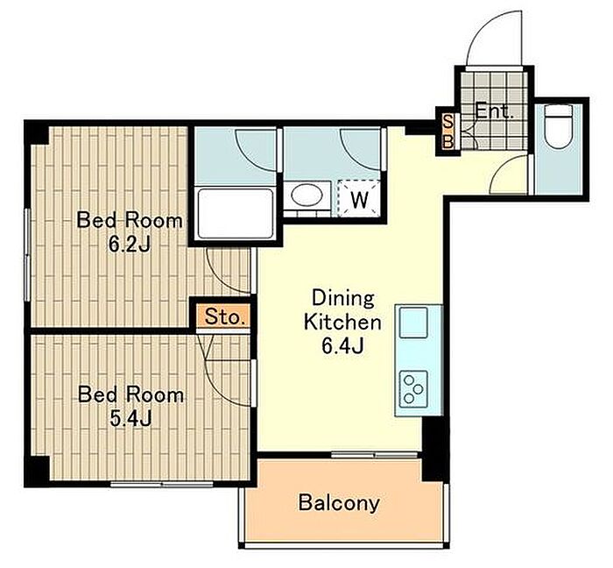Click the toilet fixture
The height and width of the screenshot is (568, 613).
tap(559, 126)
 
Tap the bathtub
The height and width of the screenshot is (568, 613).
tap(236, 214)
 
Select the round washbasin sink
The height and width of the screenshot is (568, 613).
tap(306, 195)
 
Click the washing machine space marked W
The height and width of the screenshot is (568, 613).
tap(359, 198)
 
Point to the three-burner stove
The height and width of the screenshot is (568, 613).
tap(413, 389)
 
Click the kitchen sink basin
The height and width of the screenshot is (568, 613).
tap(413, 323)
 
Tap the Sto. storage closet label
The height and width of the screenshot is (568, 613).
tap(224, 316)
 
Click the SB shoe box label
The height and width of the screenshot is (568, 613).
tap(448, 131)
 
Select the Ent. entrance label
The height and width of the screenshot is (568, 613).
tap(494, 113)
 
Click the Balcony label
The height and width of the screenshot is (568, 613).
tap(339, 502)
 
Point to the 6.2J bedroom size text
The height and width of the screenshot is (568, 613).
tap(130, 245)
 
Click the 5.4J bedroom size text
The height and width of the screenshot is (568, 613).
tap(130, 419)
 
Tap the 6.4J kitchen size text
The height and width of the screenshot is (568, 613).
tap(343, 345)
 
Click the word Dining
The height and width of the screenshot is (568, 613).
tap(343, 299)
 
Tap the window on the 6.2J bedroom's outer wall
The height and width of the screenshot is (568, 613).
tap(27, 254)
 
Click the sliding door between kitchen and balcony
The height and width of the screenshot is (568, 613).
tap(375, 455)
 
